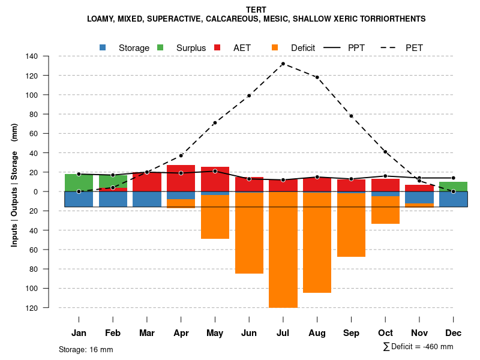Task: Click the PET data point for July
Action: (x=283, y=64)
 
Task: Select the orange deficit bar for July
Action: (x=283, y=250)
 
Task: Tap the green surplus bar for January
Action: (x=79, y=182)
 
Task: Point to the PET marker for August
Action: (x=317, y=77)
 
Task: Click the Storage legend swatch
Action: (x=103, y=48)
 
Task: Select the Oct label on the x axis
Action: (x=385, y=333)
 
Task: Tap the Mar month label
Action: (x=147, y=333)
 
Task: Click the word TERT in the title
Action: (x=256, y=10)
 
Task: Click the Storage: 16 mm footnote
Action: (x=86, y=349)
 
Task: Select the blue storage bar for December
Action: (x=453, y=199)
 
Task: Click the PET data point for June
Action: (x=249, y=95)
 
